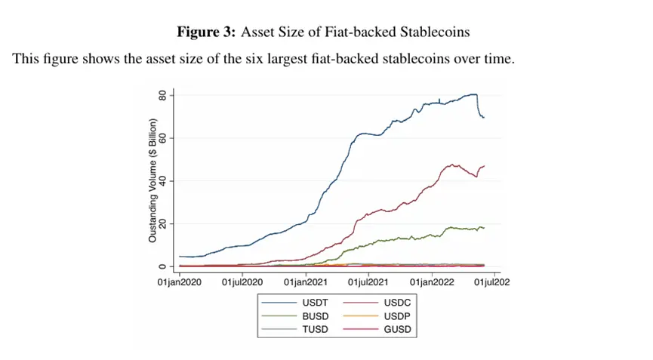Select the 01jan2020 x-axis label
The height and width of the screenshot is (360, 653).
tap(180, 282)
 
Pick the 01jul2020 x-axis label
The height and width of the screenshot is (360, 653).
tap(242, 282)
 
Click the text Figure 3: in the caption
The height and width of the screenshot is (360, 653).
tap(206, 32)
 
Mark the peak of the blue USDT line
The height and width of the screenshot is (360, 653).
tap(473, 94)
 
